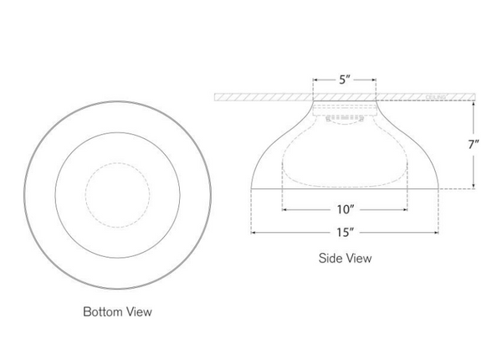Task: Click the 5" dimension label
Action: pyautogui.click(x=346, y=80)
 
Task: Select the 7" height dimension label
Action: pyautogui.click(x=474, y=144)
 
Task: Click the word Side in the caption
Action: pyautogui.click(x=329, y=258)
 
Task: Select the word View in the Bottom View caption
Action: pyautogui.click(x=139, y=311)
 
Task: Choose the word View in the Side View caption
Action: pyautogui.click(x=358, y=258)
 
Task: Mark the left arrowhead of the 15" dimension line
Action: pyautogui.click(x=252, y=230)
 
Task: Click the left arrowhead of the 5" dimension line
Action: pyautogui.click(x=315, y=81)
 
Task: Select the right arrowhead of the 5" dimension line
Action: pyautogui.click(x=376, y=81)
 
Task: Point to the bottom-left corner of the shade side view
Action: pyautogui.click(x=250, y=188)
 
